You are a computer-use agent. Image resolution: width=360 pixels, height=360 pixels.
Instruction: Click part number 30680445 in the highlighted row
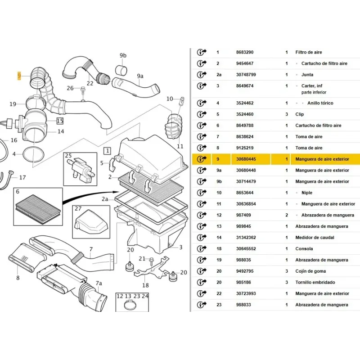point(246,159)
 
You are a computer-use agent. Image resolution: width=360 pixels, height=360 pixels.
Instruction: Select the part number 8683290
point(244,53)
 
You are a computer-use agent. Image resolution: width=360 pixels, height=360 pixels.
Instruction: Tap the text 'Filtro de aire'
point(309,53)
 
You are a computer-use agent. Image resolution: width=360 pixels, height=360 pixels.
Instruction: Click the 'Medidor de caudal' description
point(314,238)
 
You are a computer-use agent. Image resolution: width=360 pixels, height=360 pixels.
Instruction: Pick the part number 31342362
point(246,238)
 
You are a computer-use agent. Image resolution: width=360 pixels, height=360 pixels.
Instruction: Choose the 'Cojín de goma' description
point(310,271)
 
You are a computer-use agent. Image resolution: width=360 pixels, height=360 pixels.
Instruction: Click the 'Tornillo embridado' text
point(315,283)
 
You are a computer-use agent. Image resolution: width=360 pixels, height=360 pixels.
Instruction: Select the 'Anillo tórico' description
point(320,103)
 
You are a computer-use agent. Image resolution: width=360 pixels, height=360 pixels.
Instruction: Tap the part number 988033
point(243,305)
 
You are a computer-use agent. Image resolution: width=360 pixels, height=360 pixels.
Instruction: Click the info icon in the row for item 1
point(202,53)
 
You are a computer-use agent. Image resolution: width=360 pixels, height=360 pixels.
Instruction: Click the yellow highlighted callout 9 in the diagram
point(19,76)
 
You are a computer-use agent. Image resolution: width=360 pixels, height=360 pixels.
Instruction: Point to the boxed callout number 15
point(60,121)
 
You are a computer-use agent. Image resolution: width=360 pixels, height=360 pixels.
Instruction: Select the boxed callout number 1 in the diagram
point(108,150)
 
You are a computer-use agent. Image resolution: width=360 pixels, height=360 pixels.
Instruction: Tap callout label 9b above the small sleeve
point(123,56)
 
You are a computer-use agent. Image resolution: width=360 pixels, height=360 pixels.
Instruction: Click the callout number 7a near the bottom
point(99,283)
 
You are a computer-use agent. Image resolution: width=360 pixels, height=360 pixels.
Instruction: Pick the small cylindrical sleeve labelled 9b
point(122,70)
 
